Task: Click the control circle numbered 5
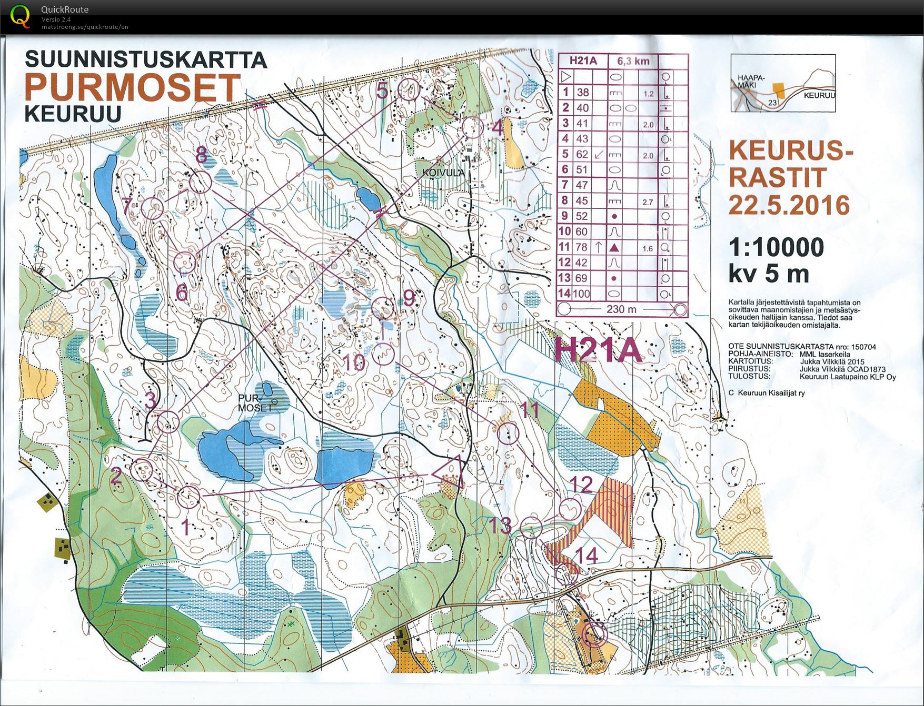coord(410,89)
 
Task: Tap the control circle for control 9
coord(383,307)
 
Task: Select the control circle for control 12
coord(569,509)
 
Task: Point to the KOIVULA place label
coord(443,172)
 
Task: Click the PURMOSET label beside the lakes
coord(255,403)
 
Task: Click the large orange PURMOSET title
coord(132,87)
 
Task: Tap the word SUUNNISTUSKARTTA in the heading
coord(146,59)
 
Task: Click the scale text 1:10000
coord(776,247)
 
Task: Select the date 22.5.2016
coord(788,205)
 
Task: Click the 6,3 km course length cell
coord(633,61)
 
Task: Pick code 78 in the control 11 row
coord(581,247)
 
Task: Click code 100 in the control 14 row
coord(581,294)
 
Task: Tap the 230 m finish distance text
coord(621,309)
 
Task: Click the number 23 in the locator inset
coord(772,103)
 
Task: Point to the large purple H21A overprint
coord(599,349)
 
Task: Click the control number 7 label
coord(127,206)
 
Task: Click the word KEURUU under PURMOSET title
coord(73,114)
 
